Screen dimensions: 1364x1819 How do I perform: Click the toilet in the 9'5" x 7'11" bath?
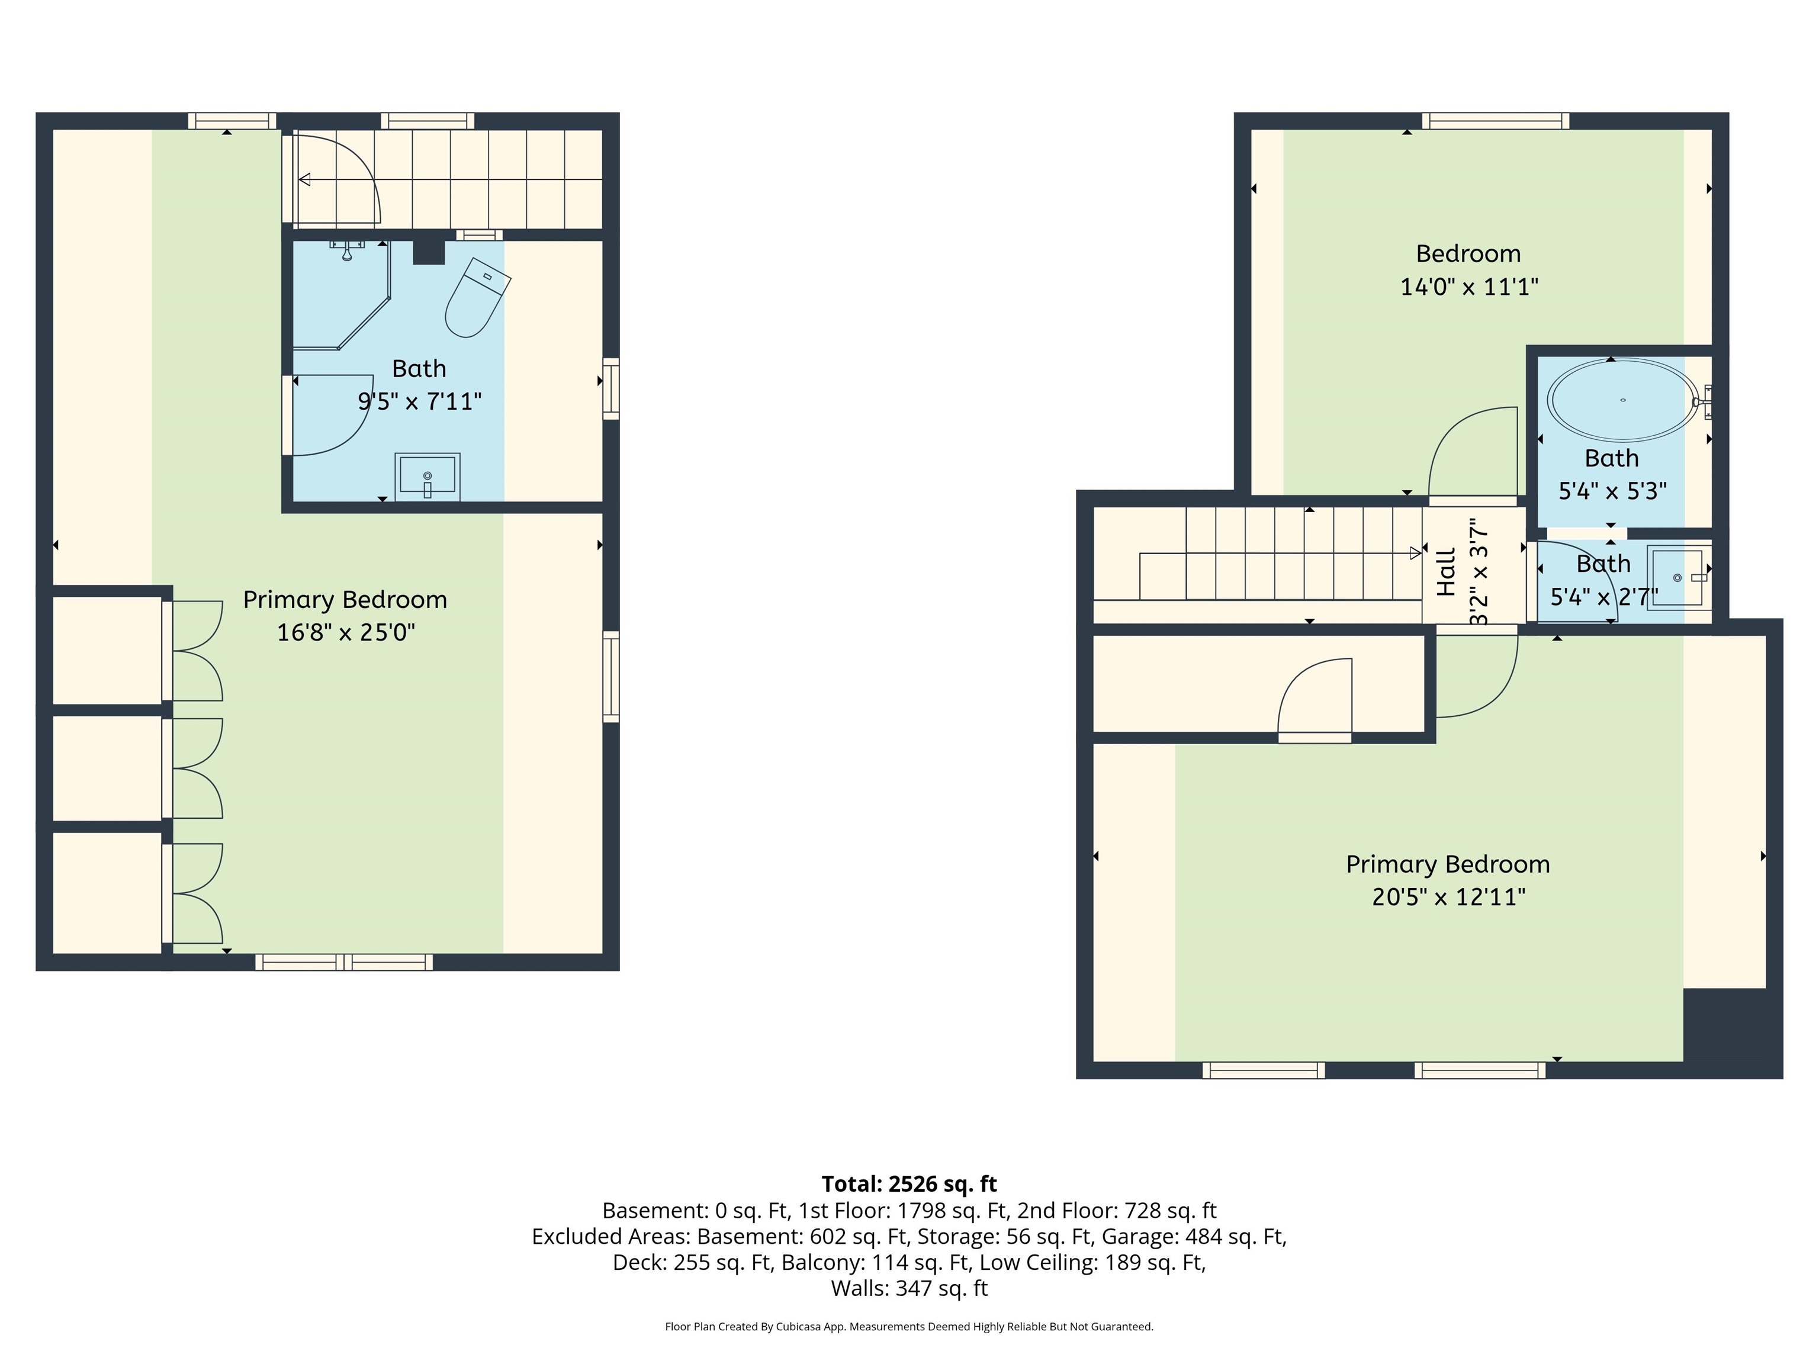pos(476,298)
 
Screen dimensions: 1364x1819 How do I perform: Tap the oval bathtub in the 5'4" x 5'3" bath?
pos(1622,400)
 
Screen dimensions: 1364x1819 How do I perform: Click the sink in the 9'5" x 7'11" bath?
pos(427,476)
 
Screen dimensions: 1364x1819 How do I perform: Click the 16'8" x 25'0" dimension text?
pos(345,632)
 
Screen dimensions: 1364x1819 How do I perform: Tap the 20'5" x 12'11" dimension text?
pos(1448,897)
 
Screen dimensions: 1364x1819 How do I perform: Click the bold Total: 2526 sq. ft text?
pos(909,1184)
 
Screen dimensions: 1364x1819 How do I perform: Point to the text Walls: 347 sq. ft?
pos(909,1288)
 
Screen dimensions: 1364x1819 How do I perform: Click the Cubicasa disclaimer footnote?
pos(909,1326)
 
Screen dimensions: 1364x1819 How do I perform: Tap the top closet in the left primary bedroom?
pos(107,649)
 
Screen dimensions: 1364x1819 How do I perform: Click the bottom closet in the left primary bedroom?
pos(107,892)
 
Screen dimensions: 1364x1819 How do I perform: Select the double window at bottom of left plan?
pos(344,962)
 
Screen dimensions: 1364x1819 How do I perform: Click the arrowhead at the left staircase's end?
pos(304,179)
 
